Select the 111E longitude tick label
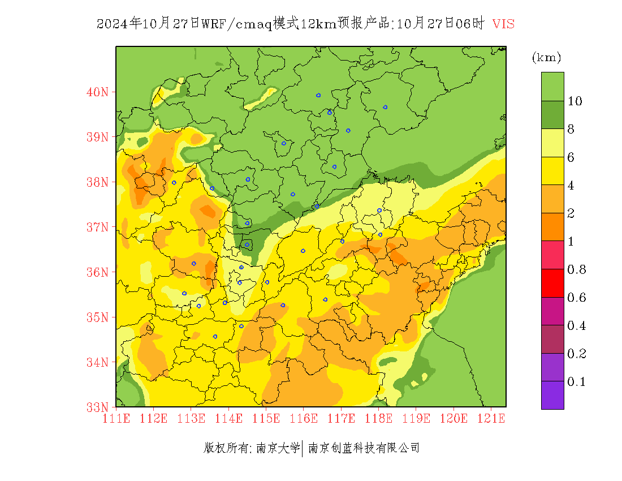point(116,419)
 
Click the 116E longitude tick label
point(304,419)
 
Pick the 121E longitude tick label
point(491,419)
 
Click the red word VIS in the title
point(503,24)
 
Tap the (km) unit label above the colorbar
point(546,58)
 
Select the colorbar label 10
point(575,101)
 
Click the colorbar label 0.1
point(576,382)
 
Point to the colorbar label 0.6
point(576,298)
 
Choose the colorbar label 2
point(571,213)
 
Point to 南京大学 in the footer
point(278,448)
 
